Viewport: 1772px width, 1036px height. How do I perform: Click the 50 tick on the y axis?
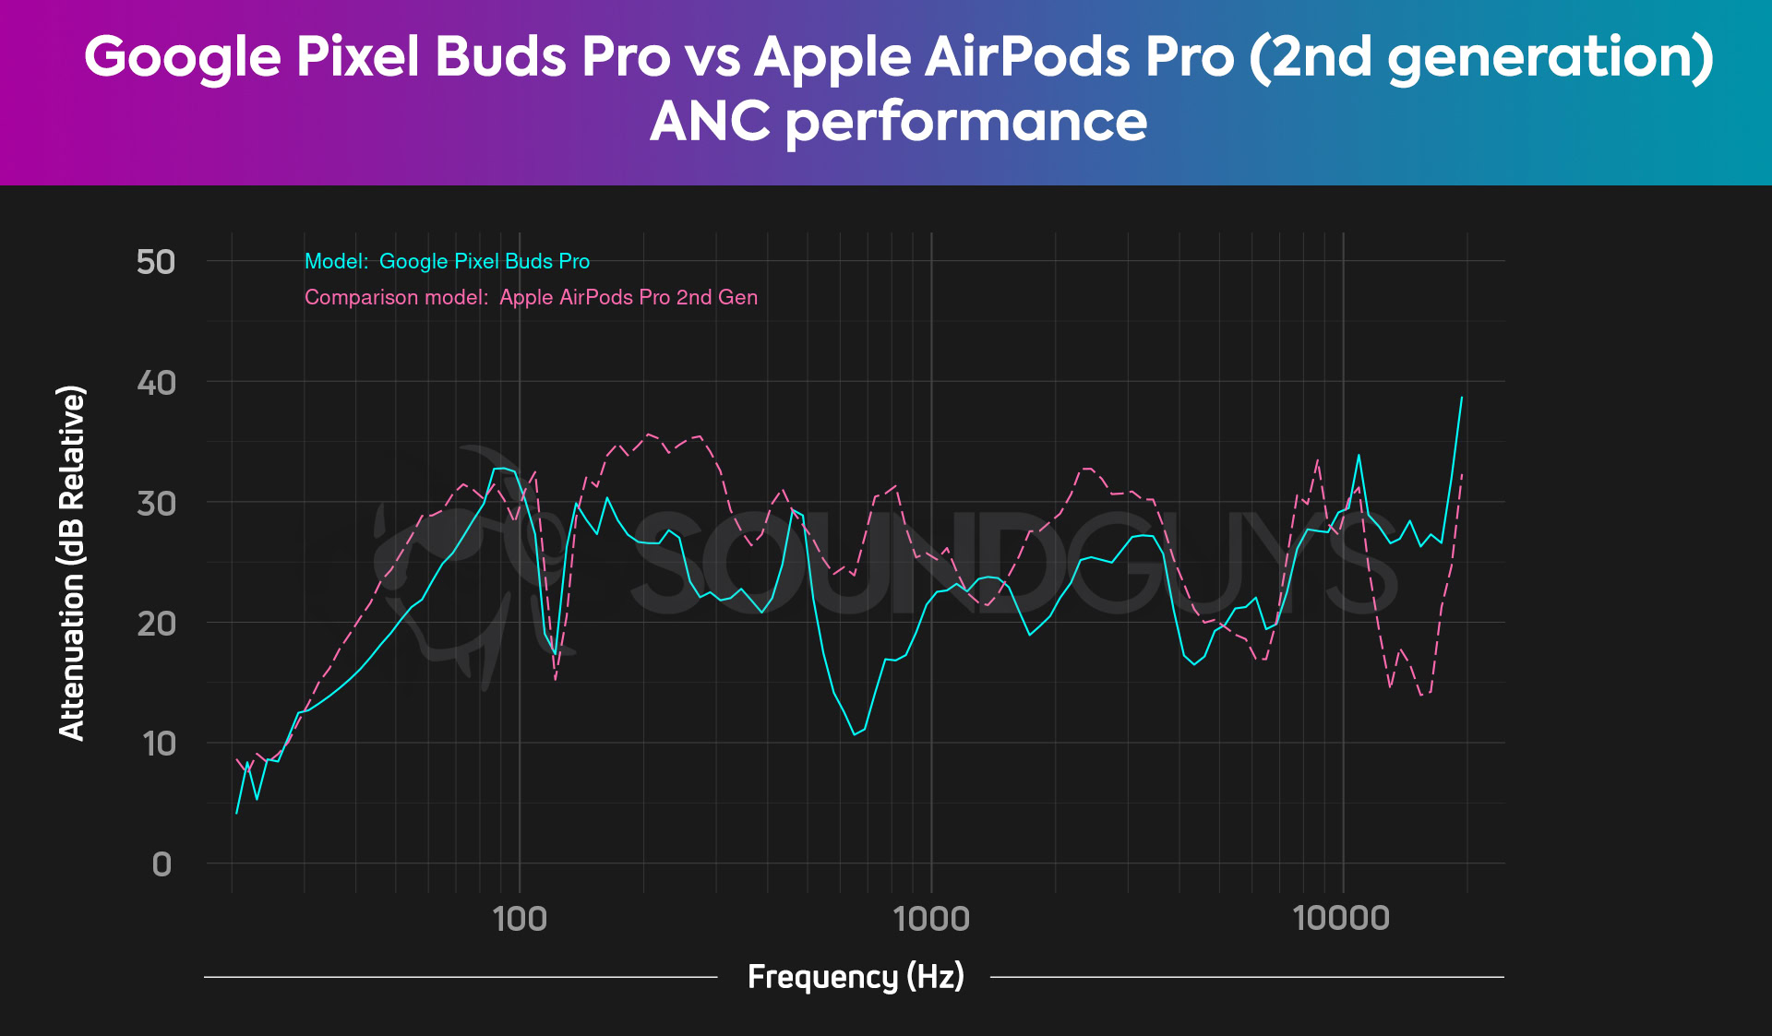click(156, 262)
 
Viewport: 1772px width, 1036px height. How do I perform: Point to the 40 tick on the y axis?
click(156, 382)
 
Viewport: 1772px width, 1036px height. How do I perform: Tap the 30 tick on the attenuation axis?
click(156, 503)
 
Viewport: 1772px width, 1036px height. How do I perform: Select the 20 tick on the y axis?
click(156, 624)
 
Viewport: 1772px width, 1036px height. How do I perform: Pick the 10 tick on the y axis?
click(159, 744)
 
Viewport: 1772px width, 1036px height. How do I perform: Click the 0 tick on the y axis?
click(162, 864)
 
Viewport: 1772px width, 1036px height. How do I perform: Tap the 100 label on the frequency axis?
click(520, 919)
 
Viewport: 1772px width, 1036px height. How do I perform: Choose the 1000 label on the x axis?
click(931, 919)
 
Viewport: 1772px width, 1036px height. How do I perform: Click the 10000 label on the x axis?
click(1341, 919)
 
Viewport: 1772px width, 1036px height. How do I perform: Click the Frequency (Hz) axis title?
click(856, 976)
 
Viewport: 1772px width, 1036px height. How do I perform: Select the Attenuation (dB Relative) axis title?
click(72, 563)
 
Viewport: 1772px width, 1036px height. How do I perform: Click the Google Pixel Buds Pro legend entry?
click(448, 261)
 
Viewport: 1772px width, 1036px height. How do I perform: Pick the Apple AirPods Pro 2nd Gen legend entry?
click(531, 297)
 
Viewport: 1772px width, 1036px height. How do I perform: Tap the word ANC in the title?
click(710, 121)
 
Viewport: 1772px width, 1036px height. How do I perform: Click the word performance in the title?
click(966, 121)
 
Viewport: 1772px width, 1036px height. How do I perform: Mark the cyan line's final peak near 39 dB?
click(1462, 398)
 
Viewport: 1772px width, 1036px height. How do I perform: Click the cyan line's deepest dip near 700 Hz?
click(855, 734)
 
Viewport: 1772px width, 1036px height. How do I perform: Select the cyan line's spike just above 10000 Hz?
click(1359, 455)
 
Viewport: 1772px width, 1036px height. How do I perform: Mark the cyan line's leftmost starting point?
click(237, 813)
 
